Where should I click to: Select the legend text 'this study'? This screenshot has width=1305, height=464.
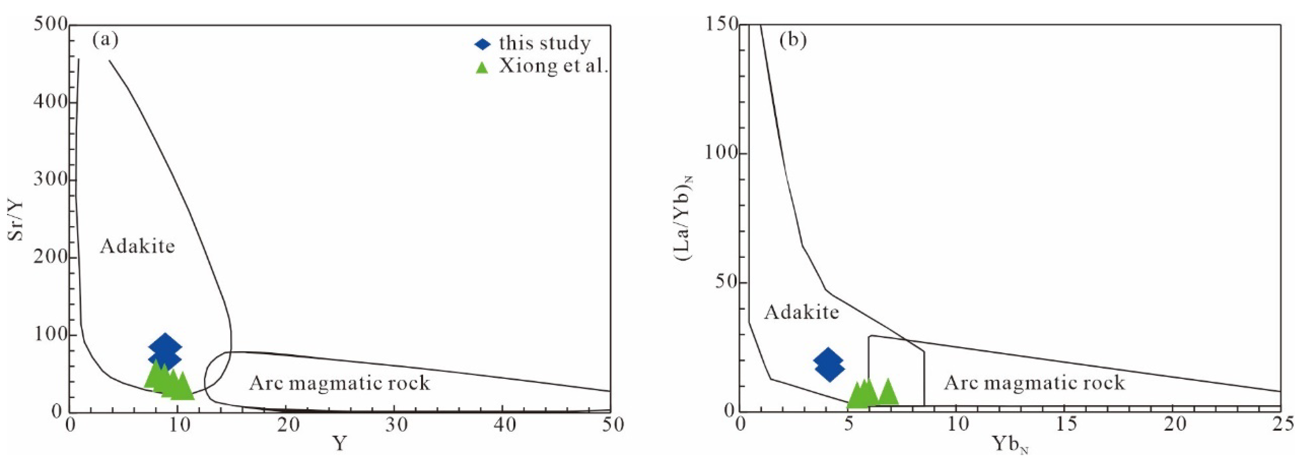(x=545, y=44)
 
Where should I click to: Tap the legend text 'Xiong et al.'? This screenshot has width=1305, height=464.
(x=553, y=66)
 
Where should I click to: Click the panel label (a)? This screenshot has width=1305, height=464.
(x=105, y=40)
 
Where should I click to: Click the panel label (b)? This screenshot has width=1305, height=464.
(x=793, y=40)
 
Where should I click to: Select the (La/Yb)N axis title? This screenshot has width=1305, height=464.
(x=683, y=217)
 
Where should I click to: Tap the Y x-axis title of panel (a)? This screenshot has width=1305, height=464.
(x=340, y=444)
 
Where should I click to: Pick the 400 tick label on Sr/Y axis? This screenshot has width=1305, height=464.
(x=50, y=102)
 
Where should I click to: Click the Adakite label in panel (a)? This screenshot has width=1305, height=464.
(x=137, y=246)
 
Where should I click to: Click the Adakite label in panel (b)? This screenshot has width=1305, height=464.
(x=801, y=312)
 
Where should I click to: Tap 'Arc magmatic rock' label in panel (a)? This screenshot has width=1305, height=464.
(x=339, y=383)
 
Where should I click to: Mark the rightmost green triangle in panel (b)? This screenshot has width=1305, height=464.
(x=887, y=393)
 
